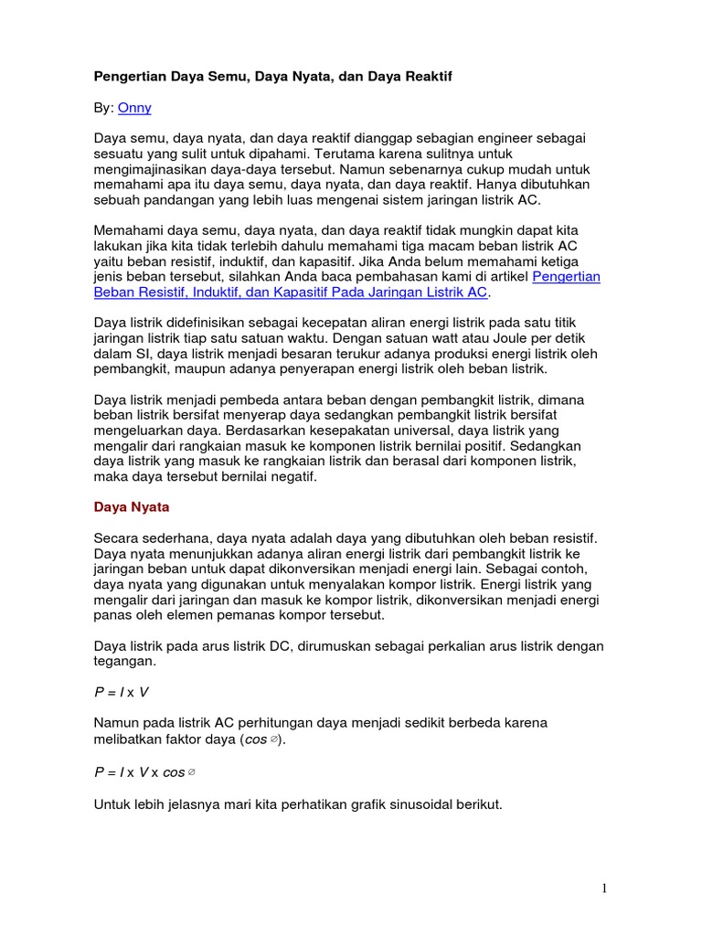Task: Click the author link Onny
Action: (x=134, y=108)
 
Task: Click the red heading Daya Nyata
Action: (x=132, y=506)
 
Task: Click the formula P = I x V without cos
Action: (x=122, y=693)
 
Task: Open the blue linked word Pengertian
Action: (x=566, y=276)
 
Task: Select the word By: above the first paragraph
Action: (x=104, y=108)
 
